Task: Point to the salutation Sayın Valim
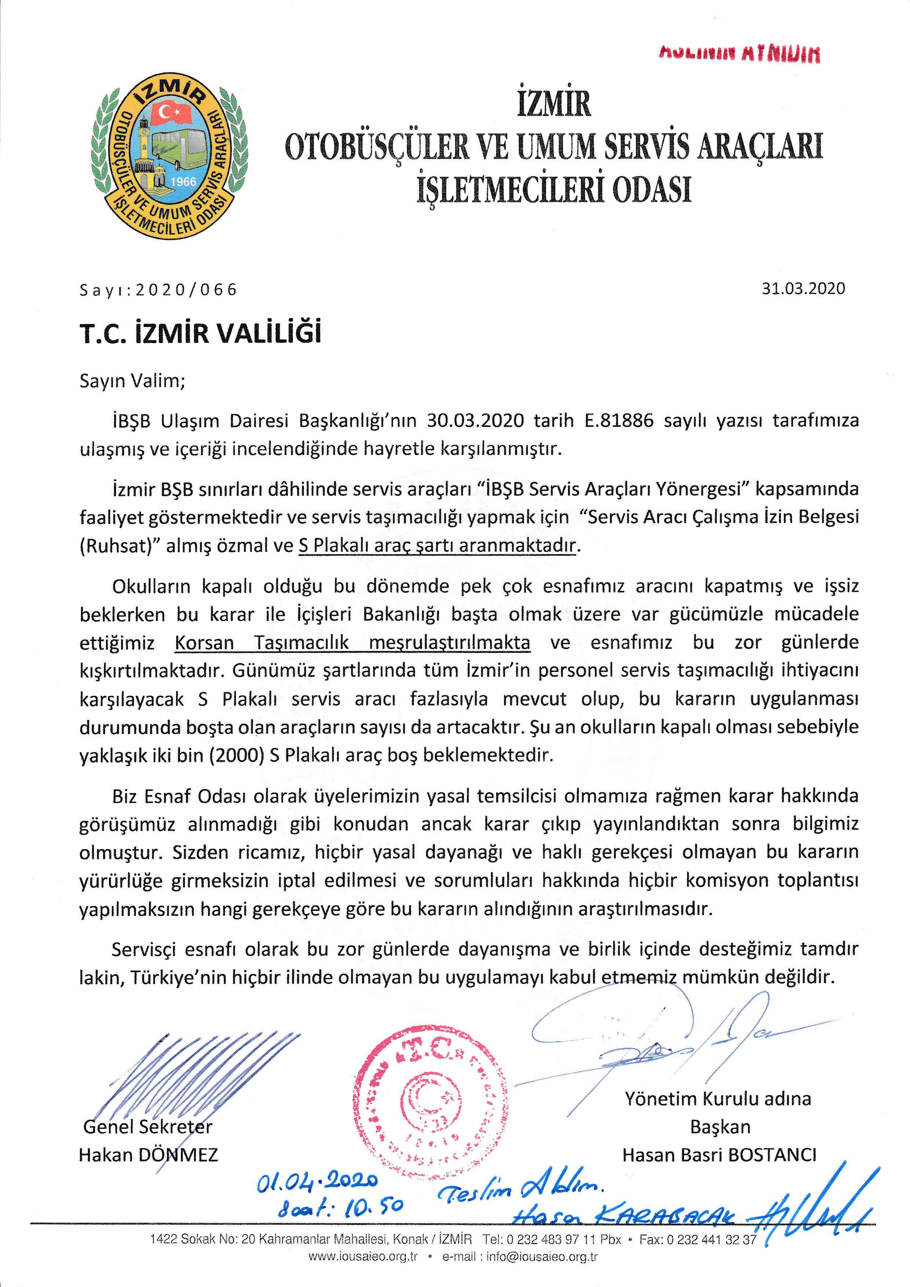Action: click(x=132, y=381)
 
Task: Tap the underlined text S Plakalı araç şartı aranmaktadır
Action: click(x=437, y=545)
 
